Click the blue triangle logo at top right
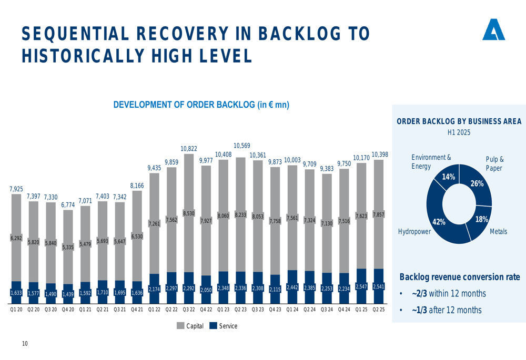click(493, 30)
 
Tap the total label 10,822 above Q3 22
click(189, 149)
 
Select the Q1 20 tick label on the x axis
click(16, 310)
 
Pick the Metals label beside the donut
click(498, 231)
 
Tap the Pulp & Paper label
click(494, 163)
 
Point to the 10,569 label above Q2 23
click(241, 145)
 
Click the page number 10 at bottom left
click(25, 344)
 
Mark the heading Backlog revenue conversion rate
click(459, 277)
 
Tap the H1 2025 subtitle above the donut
click(459, 132)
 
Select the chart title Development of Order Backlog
click(201, 105)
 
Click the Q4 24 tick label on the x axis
click(344, 310)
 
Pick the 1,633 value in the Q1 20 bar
click(16, 293)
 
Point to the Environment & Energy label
click(431, 162)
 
